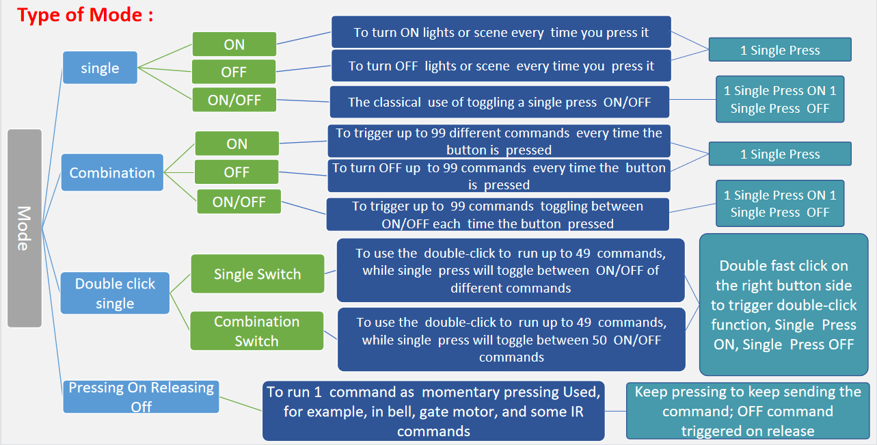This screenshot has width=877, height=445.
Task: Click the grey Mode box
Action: pyautogui.click(x=25, y=228)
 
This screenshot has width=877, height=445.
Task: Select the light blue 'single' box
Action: pyautogui.click(x=100, y=68)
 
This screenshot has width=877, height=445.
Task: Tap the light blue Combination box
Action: pyautogui.click(x=112, y=172)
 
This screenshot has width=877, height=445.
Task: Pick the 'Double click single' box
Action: pyautogui.click(x=115, y=293)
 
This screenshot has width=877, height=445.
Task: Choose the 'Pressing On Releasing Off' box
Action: pyautogui.click(x=141, y=397)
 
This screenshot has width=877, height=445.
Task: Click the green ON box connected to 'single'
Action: pyautogui.click(x=234, y=44)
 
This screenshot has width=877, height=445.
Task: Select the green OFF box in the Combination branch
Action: pyautogui.click(x=237, y=172)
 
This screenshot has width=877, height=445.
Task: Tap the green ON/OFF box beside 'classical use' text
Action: pyautogui.click(x=234, y=100)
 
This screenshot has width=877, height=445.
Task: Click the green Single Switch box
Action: pyautogui.click(x=257, y=274)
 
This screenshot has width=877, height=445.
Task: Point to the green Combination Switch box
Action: pyautogui.click(x=256, y=331)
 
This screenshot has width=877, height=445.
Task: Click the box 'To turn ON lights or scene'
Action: pyautogui.click(x=501, y=32)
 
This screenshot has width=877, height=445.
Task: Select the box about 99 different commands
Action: pyautogui.click(x=499, y=141)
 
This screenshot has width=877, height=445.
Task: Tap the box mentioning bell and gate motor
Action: pyautogui.click(x=433, y=412)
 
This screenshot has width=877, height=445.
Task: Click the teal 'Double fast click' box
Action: pyautogui.click(x=783, y=305)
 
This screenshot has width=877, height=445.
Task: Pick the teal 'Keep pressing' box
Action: pyautogui.click(x=748, y=411)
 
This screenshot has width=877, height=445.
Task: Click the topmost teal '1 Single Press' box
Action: pyautogui.click(x=780, y=50)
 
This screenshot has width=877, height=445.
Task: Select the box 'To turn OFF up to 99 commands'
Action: pyautogui.click(x=499, y=176)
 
